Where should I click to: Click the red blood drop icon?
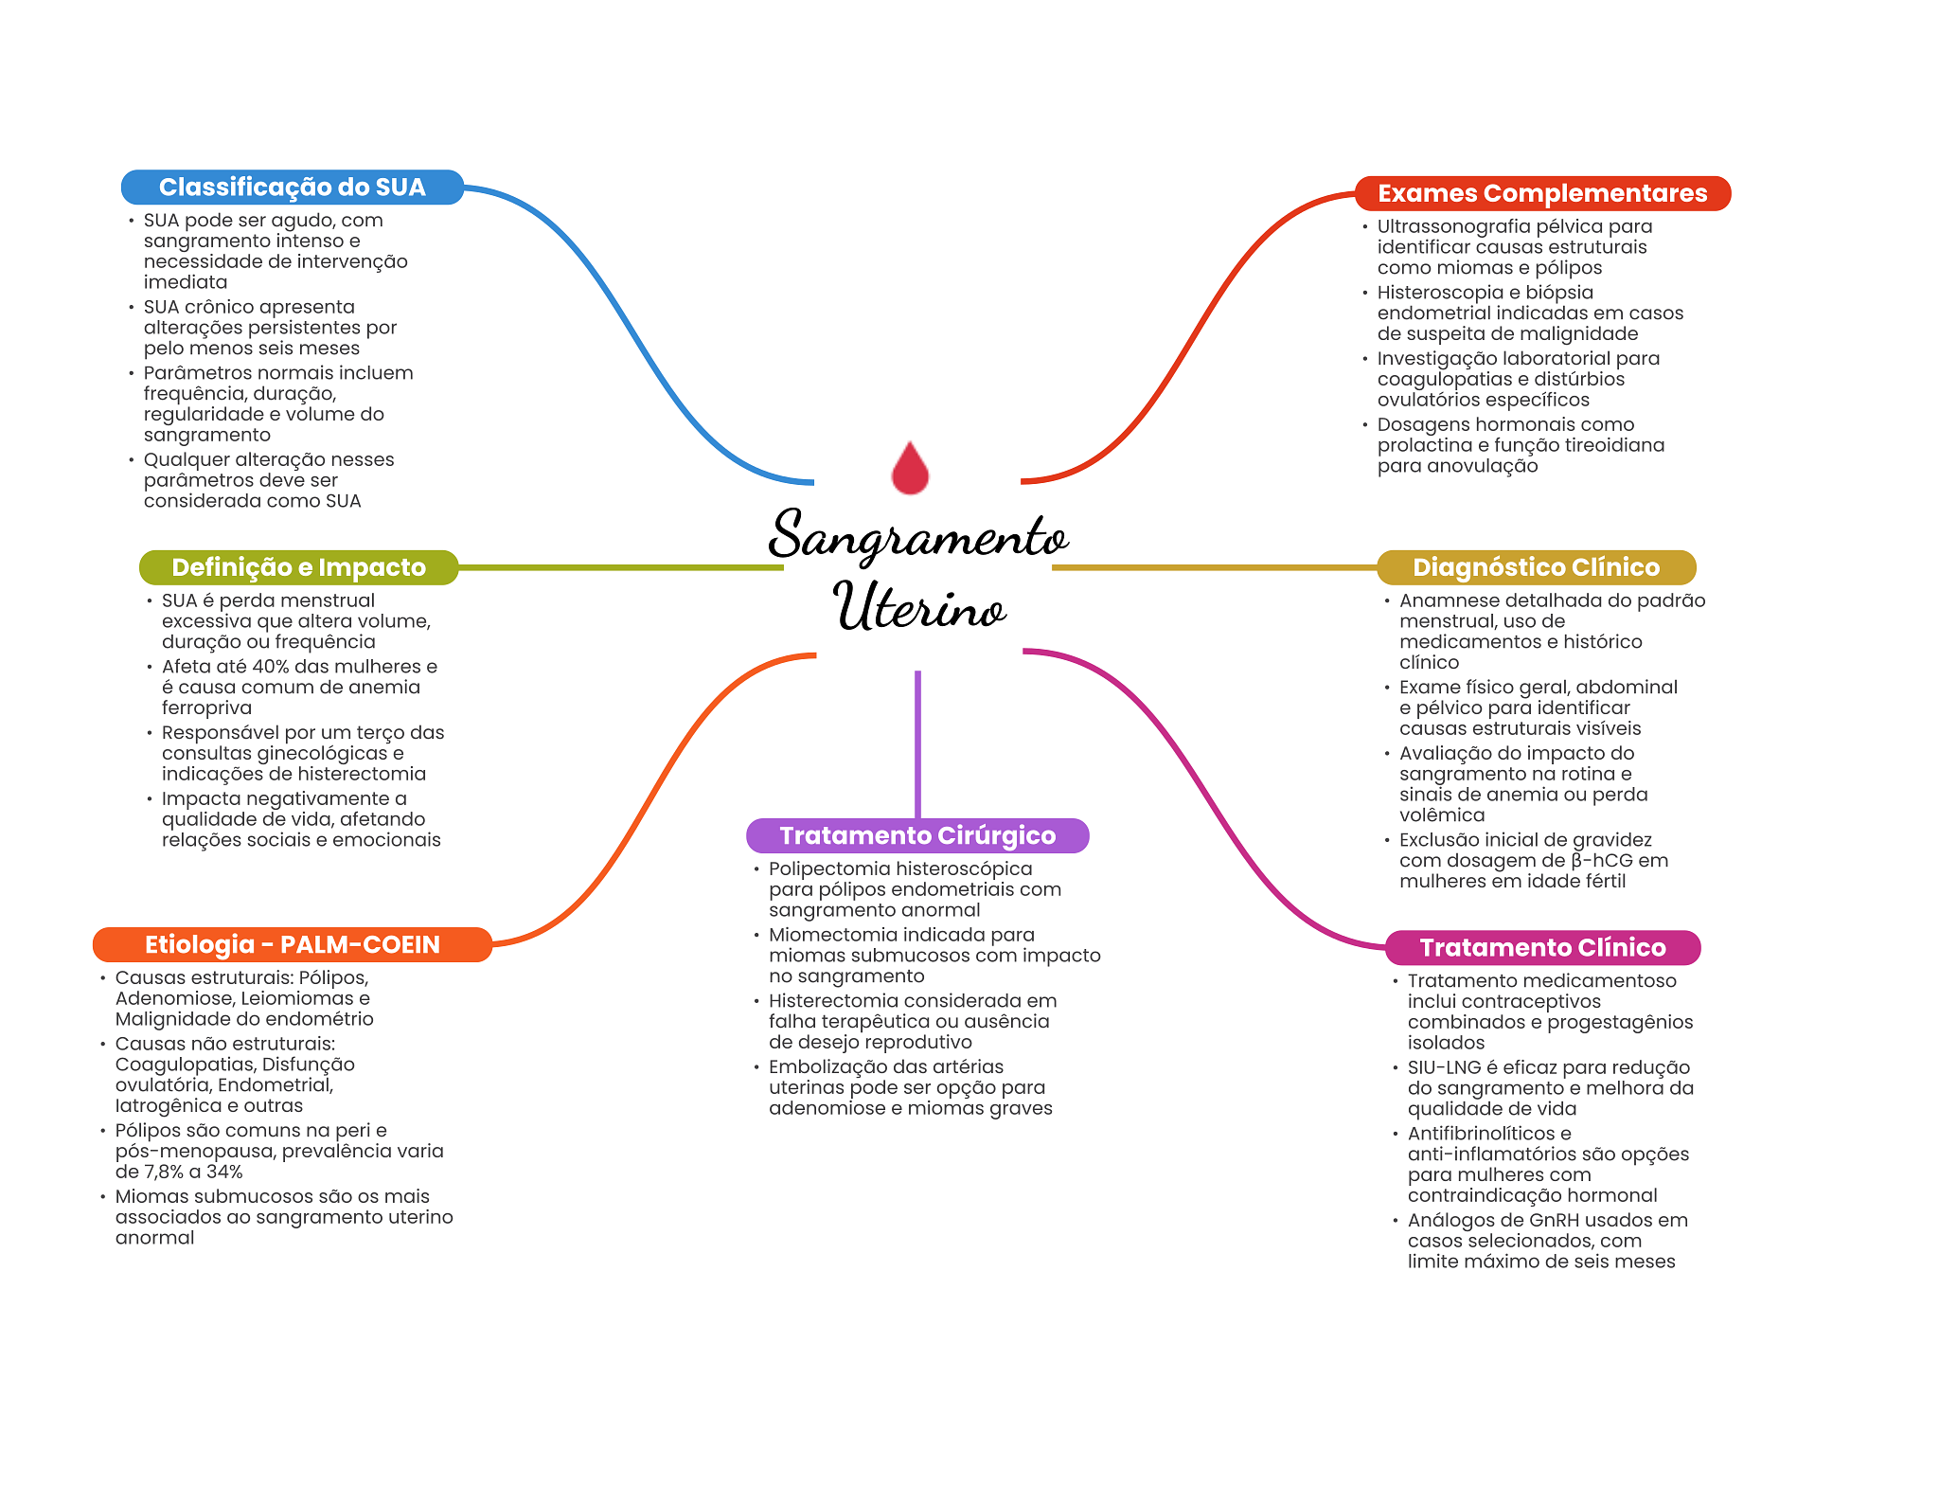coord(910,468)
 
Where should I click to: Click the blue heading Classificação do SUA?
coord(293,188)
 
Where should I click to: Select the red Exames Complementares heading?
coord(1542,193)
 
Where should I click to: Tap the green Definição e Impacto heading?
coord(298,567)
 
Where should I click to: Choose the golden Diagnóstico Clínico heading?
coord(1536,567)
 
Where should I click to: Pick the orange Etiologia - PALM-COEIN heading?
coord(293,944)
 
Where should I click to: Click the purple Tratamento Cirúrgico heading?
coord(917,835)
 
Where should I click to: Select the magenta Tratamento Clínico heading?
coord(1542,947)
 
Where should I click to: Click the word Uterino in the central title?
coord(918,606)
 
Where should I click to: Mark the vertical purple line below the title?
coord(917,744)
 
